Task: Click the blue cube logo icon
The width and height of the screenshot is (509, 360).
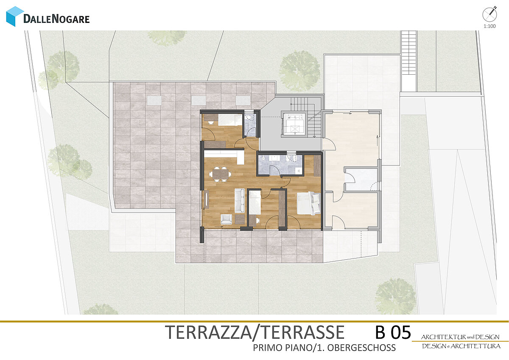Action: (15, 17)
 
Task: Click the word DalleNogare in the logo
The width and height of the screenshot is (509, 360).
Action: (56, 19)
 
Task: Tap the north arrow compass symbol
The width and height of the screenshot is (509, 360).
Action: (489, 14)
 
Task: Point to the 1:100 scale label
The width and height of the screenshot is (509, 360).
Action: (489, 26)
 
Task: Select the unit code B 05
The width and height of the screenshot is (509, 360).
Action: (393, 332)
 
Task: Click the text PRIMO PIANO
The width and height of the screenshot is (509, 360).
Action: (282, 348)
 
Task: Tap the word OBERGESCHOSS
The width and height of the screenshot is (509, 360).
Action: (361, 348)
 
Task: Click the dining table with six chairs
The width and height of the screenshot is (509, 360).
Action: (220, 174)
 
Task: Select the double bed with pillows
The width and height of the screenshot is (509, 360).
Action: (309, 203)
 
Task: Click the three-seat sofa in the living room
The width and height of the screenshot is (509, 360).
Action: (240, 200)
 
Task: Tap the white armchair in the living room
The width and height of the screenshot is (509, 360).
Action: (226, 219)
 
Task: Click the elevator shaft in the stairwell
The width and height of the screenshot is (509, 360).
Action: (295, 124)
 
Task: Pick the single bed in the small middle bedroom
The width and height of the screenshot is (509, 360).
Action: (255, 202)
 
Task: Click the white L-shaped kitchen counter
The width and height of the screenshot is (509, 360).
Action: (224, 156)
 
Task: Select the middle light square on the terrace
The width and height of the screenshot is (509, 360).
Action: (199, 100)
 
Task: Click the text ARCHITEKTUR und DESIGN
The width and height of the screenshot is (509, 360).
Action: (460, 337)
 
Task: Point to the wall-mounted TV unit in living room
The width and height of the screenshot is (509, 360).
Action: (207, 199)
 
